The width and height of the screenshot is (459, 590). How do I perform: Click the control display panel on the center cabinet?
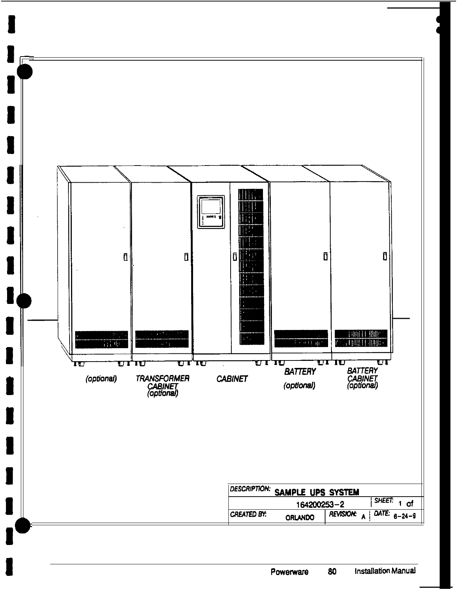coord(211,211)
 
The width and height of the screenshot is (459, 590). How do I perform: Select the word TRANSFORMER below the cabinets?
coord(163,379)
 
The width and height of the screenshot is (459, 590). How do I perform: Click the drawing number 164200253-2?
coord(321,504)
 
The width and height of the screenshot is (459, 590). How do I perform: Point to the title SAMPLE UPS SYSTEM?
coord(317,492)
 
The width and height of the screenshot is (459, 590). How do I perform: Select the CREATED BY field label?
coord(244,514)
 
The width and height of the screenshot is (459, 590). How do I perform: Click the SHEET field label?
coord(381,501)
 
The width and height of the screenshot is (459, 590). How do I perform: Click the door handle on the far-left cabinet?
coord(125,257)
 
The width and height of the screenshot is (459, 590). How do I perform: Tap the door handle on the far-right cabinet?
coord(385,256)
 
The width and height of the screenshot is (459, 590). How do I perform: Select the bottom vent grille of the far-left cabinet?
coord(102,339)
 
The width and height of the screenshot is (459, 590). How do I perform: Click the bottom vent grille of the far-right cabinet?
coord(361,338)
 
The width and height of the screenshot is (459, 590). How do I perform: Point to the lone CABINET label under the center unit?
coord(232,379)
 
